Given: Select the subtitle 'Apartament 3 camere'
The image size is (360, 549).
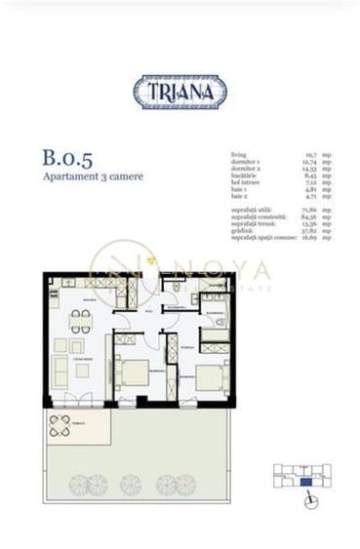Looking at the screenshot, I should [x=81, y=177].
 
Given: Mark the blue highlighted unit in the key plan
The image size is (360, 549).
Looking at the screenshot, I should [x=306, y=481].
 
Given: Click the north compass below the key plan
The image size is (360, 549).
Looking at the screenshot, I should [x=309, y=501].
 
